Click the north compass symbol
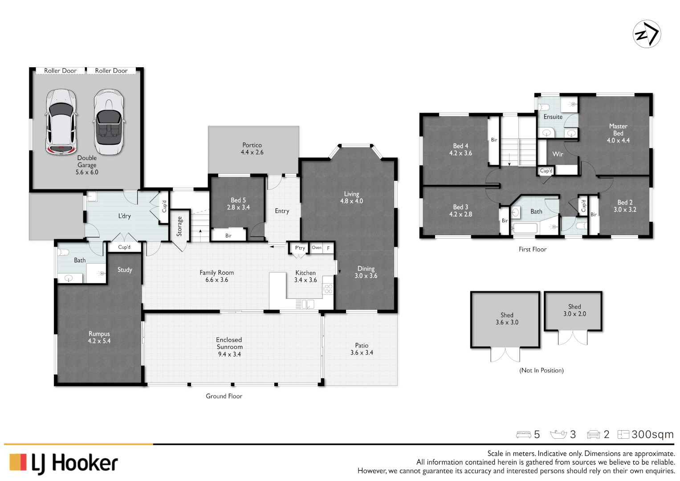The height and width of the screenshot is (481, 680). click(x=647, y=34)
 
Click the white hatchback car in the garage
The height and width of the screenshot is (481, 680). click(x=61, y=122)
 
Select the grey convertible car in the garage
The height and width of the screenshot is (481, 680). click(x=109, y=122)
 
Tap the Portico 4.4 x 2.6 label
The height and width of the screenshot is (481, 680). click(x=252, y=149)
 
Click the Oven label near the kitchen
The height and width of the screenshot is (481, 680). click(x=317, y=248)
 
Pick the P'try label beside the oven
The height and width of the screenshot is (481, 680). click(x=300, y=248)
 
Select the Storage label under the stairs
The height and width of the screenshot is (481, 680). click(x=179, y=226)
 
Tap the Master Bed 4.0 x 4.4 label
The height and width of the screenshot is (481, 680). click(x=618, y=133)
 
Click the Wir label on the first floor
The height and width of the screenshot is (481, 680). click(x=558, y=154)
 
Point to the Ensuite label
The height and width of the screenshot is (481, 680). click(x=553, y=117)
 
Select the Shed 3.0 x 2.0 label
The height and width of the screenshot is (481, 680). click(x=574, y=310)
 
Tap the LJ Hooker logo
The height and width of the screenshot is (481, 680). click(x=64, y=463)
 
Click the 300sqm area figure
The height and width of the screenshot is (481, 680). click(x=652, y=434)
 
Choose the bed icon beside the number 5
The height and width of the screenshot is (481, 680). click(x=523, y=434)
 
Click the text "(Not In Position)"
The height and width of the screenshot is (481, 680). click(x=541, y=370)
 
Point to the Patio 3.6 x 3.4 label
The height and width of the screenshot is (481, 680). click(x=362, y=349)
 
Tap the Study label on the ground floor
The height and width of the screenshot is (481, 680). click(x=125, y=270)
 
